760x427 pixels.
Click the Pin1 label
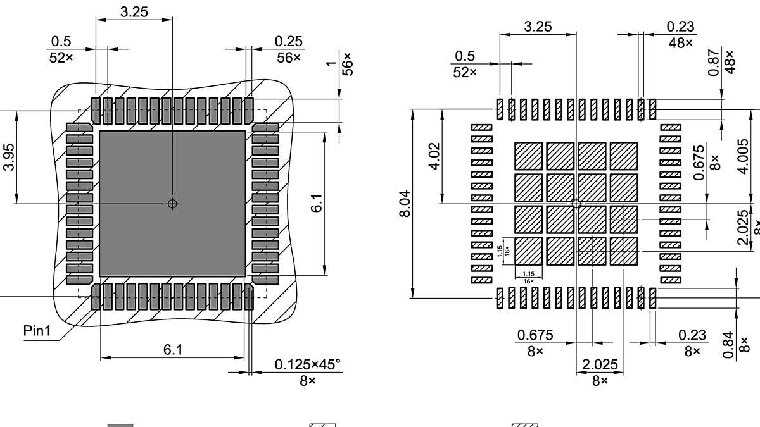click(37, 331)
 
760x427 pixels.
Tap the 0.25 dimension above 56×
click(288, 41)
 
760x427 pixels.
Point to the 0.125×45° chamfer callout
click(307, 365)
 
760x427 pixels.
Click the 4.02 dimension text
click(434, 156)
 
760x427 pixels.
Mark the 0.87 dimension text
click(715, 63)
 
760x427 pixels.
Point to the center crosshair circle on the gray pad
click(172, 204)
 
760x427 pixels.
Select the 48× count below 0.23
click(680, 43)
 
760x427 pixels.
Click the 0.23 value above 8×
click(692, 335)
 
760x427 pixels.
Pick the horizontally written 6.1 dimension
click(174, 350)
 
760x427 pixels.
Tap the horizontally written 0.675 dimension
click(535, 335)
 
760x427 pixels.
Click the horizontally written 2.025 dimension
click(600, 365)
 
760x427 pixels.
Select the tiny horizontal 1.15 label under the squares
click(528, 274)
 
